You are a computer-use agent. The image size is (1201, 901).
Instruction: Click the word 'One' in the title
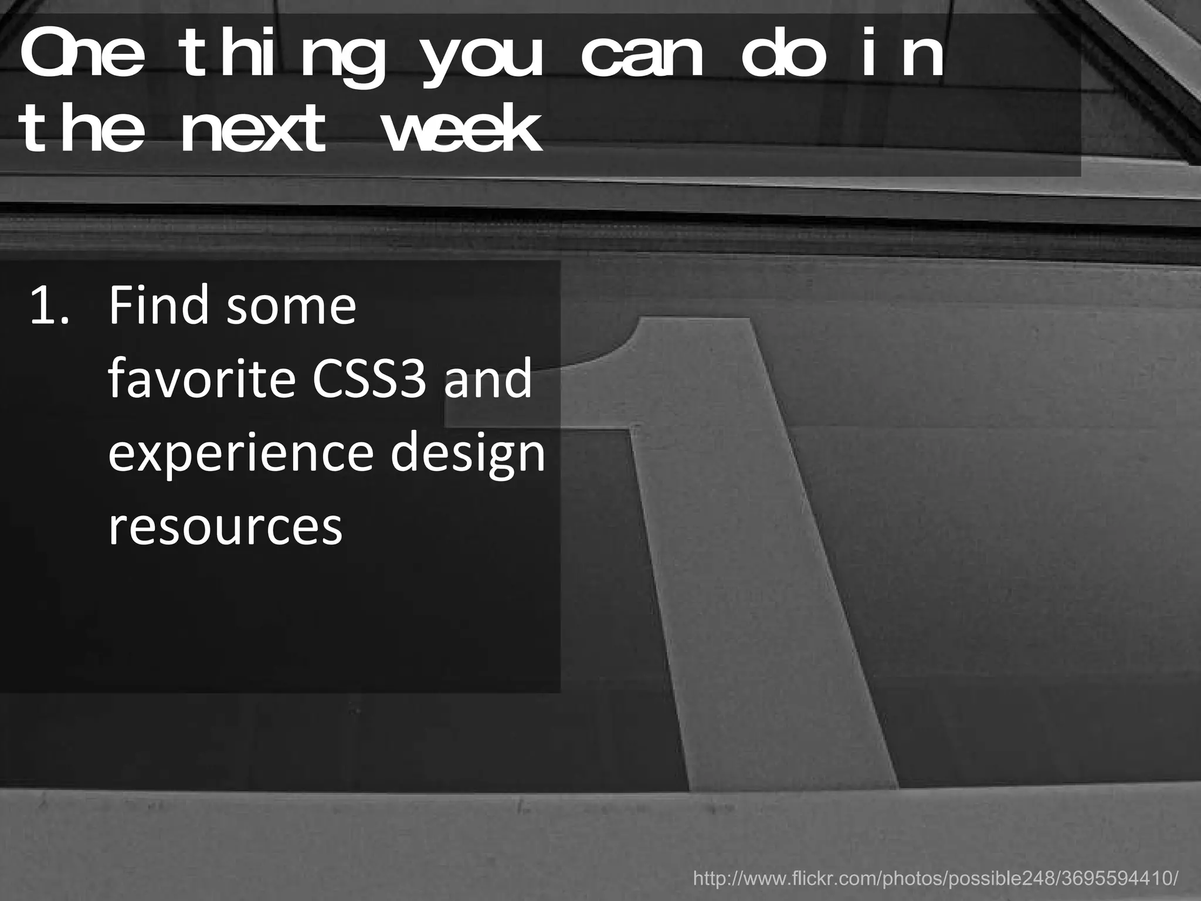click(x=82, y=57)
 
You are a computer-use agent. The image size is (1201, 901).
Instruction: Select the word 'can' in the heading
click(x=642, y=57)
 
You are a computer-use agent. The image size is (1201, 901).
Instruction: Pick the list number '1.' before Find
click(x=49, y=306)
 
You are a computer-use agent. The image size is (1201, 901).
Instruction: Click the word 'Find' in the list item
click(x=158, y=306)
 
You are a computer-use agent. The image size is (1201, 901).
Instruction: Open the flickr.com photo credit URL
click(x=935, y=878)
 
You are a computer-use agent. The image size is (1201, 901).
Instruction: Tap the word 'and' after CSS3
click(x=488, y=379)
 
